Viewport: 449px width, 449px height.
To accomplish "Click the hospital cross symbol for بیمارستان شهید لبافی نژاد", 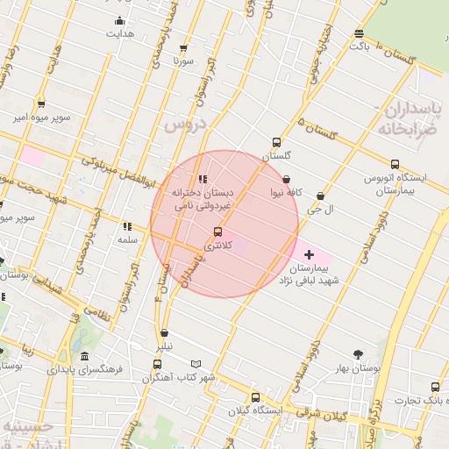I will [308, 253].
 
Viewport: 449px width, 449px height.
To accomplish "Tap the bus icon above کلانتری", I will [217, 232].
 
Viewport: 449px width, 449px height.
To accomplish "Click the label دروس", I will [184, 125].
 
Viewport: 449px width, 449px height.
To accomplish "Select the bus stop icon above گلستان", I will [276, 141].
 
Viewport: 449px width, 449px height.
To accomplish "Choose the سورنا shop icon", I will [182, 48].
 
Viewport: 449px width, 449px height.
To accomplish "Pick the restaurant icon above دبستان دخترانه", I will [203, 179].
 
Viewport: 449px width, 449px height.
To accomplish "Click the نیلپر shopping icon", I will [165, 332].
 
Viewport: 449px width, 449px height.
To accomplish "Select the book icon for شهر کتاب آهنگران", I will [196, 364].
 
